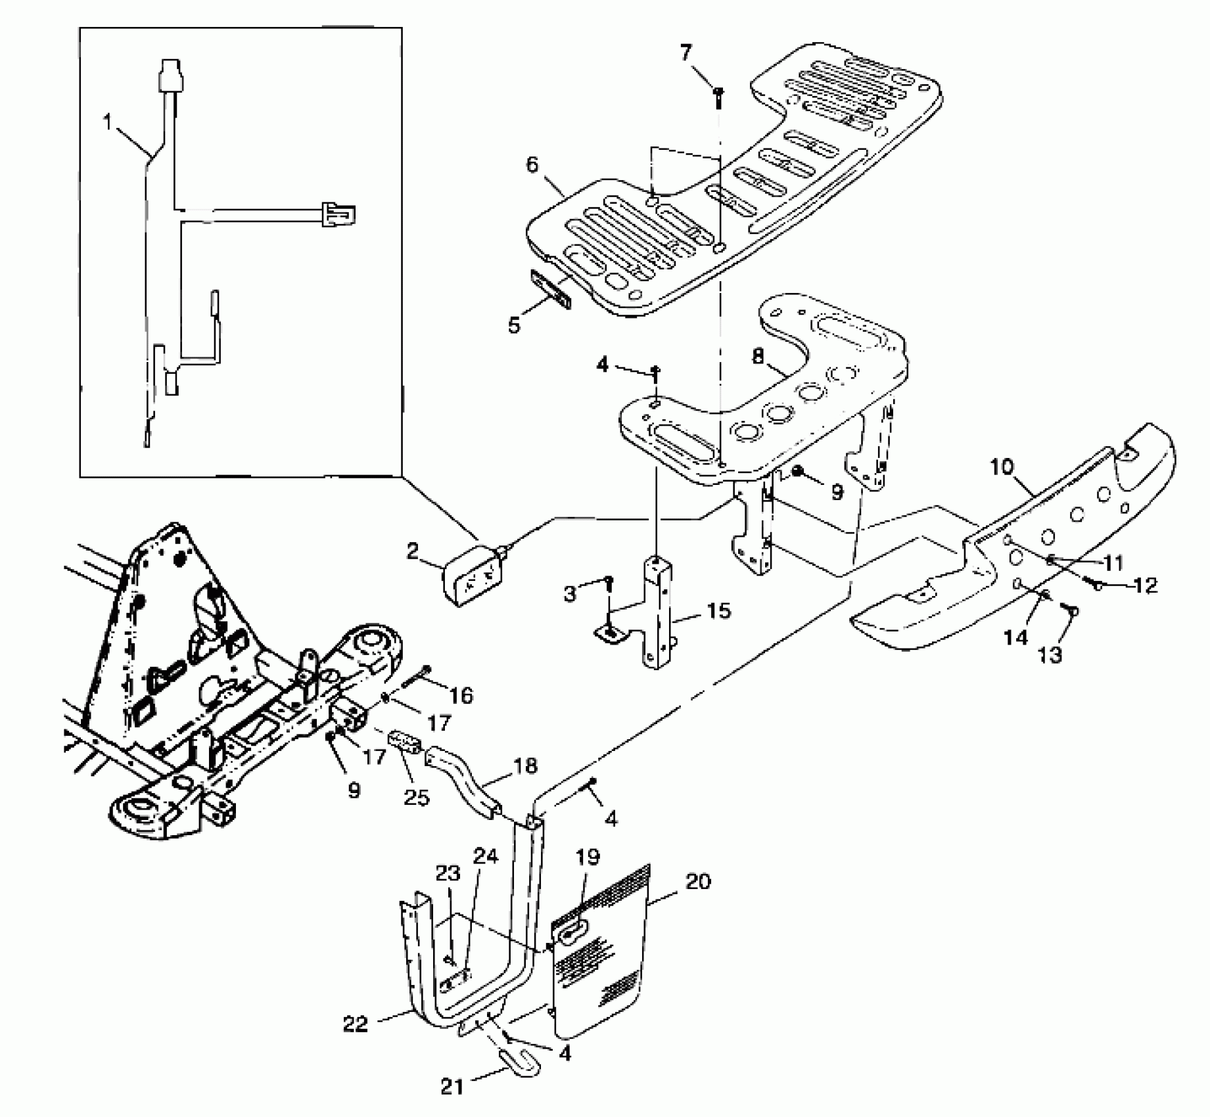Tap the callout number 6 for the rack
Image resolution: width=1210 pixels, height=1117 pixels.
click(x=532, y=164)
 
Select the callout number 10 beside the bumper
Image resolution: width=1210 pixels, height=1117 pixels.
click(x=1002, y=467)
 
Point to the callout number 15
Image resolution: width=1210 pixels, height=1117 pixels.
click(x=720, y=610)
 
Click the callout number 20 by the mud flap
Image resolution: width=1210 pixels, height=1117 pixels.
click(x=698, y=881)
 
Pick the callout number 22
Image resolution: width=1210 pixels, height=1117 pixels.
click(x=356, y=1024)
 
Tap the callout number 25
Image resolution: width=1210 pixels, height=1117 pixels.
click(x=416, y=797)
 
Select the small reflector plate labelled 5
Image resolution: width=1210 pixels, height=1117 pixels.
click(x=551, y=292)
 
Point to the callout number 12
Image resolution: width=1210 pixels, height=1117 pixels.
click(x=1146, y=585)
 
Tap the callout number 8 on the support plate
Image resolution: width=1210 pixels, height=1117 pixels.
click(x=758, y=357)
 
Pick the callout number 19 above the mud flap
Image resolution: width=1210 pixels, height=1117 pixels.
click(x=588, y=857)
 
